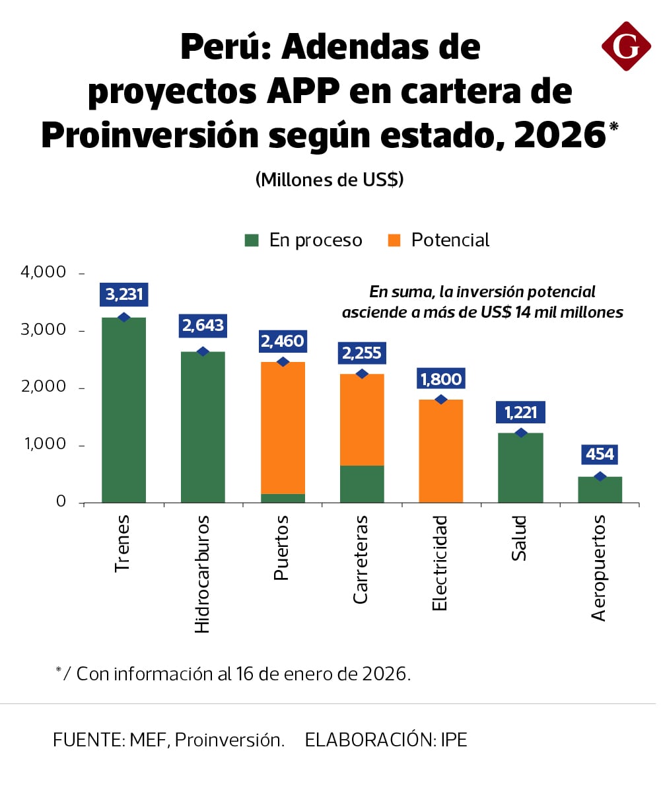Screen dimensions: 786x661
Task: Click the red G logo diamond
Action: click(626, 46)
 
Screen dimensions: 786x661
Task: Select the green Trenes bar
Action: click(123, 410)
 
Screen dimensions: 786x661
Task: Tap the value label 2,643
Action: click(203, 326)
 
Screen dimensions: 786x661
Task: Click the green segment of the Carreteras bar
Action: click(361, 483)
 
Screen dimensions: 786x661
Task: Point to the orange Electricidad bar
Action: click(441, 450)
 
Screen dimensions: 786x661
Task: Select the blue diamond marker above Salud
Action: click(521, 433)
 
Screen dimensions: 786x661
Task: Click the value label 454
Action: click(600, 454)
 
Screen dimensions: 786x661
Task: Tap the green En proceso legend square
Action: click(252, 240)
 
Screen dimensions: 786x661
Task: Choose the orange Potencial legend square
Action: click(394, 240)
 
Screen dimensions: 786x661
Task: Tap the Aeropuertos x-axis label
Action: click(599, 569)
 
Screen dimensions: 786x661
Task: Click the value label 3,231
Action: click(123, 294)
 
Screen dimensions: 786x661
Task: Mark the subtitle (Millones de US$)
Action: click(330, 179)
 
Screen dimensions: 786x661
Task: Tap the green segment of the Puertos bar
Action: click(283, 498)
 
